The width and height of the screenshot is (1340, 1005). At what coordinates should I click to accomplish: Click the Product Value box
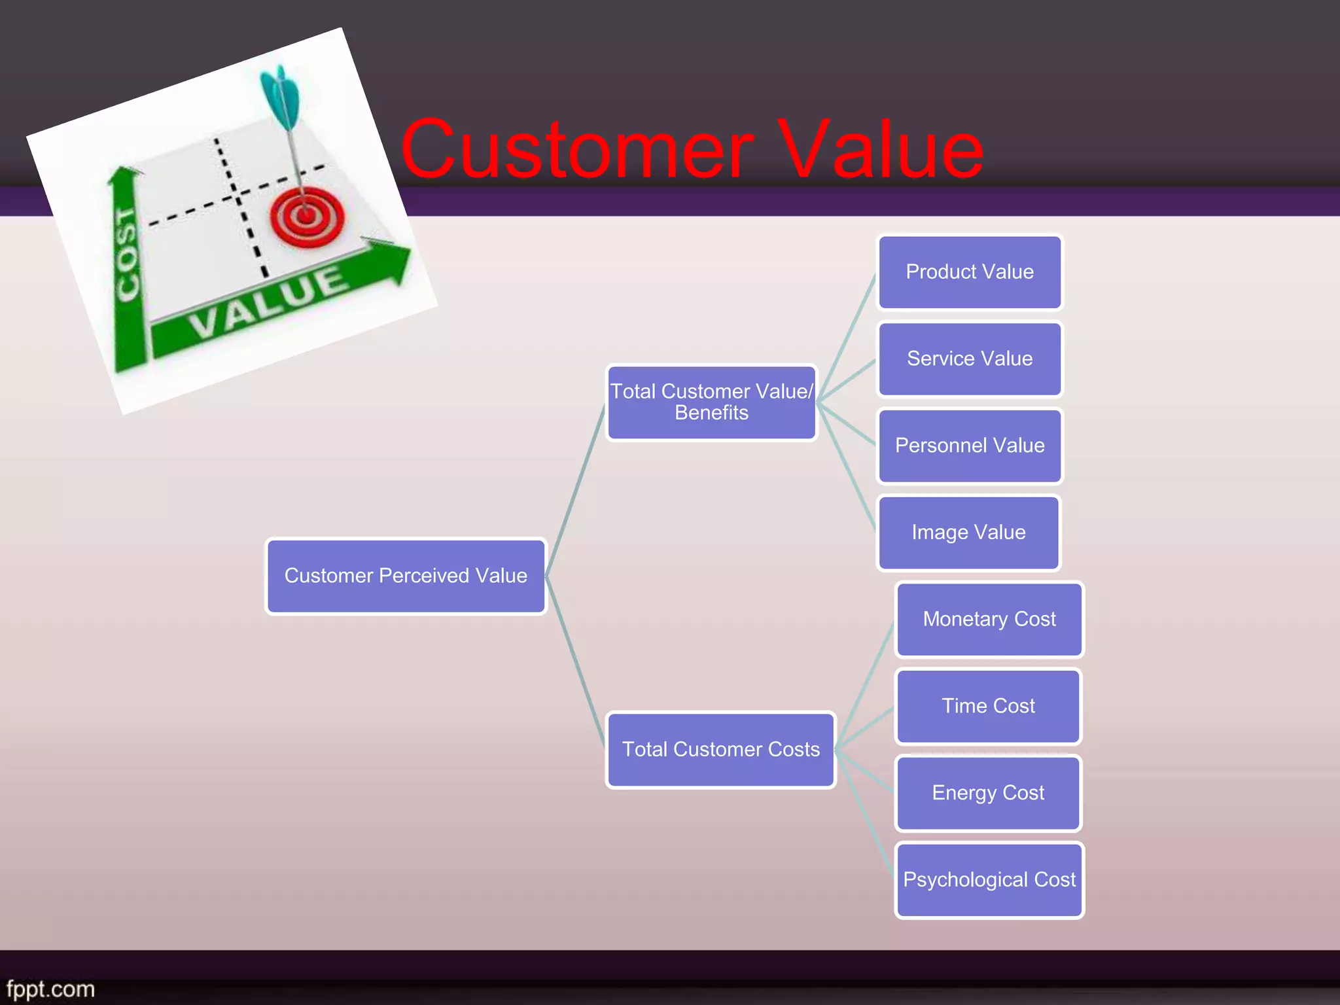[970, 272]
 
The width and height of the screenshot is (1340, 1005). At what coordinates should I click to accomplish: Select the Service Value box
[970, 359]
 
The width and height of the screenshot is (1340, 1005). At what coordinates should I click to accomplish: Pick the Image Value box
[968, 533]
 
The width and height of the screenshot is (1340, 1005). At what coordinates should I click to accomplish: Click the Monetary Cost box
[989, 620]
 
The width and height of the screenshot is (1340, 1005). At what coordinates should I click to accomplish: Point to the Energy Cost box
[988, 793]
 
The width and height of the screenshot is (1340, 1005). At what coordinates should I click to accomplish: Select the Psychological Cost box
[989, 880]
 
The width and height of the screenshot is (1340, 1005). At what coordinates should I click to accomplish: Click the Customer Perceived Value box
[406, 576]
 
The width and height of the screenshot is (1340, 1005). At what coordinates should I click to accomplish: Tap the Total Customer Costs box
[720, 750]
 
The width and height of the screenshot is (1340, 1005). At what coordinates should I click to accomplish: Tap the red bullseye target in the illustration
[306, 216]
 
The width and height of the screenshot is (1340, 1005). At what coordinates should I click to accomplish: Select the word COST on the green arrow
[127, 255]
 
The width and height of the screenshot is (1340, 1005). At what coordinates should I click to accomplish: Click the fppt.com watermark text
[50, 989]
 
